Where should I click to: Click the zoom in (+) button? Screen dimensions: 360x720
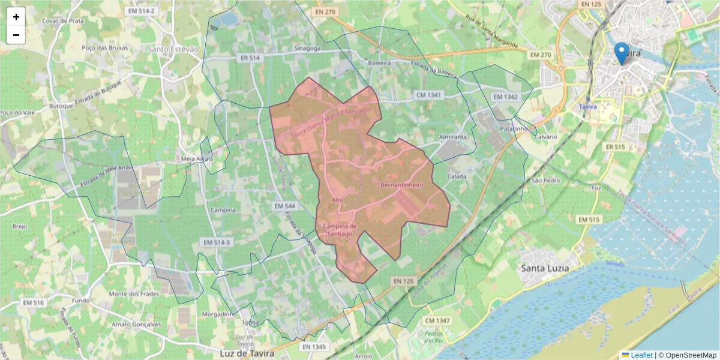[x=16, y=17]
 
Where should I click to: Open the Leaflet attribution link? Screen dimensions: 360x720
[x=641, y=355]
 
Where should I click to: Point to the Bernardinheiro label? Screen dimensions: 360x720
[x=402, y=185]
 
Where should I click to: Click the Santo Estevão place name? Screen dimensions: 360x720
[x=173, y=49]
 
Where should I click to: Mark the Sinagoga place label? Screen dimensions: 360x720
[x=309, y=48]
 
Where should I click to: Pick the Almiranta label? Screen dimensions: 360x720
[x=452, y=137]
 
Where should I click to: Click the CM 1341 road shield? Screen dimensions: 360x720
[x=428, y=95]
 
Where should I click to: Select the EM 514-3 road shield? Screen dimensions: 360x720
[x=217, y=242]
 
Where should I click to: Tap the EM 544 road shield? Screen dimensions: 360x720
[x=286, y=206]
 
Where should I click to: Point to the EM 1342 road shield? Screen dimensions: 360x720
[x=504, y=97]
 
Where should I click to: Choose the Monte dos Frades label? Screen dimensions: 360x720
[x=134, y=293]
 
